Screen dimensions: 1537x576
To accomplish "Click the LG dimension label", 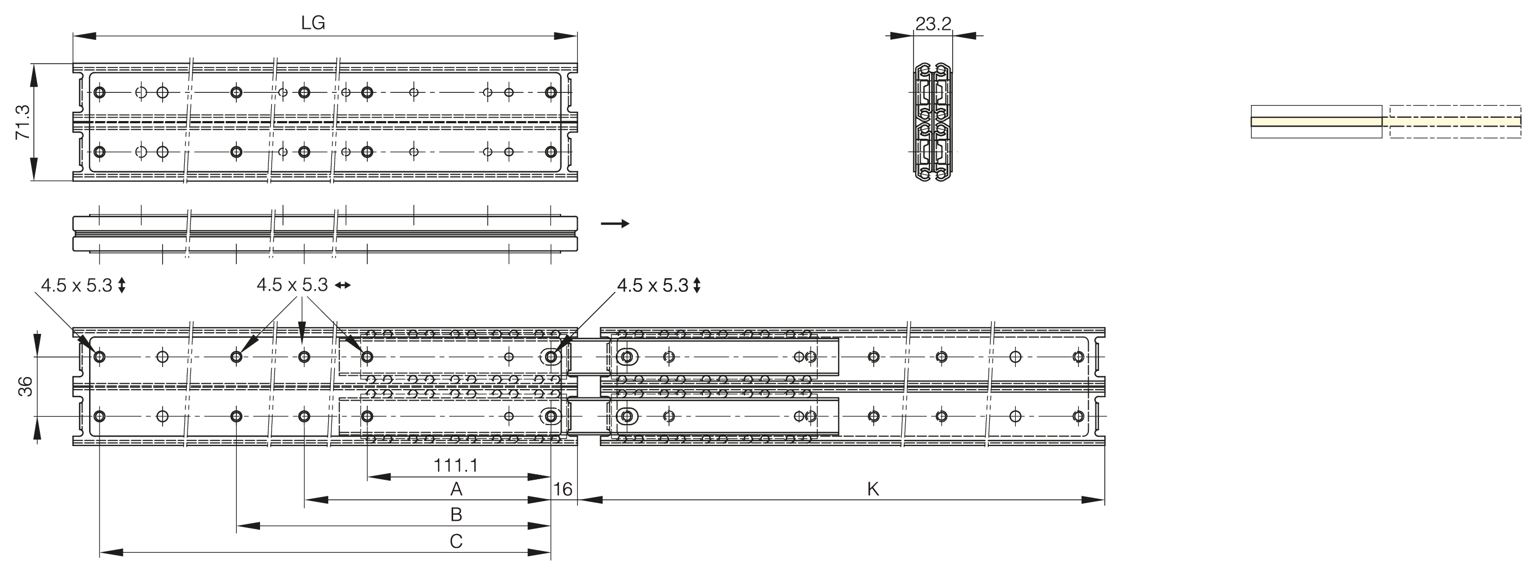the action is tap(313, 23).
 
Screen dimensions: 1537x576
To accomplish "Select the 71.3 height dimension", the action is tap(23, 122).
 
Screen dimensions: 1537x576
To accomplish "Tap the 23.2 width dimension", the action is tap(933, 24).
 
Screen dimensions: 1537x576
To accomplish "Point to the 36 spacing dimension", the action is tap(25, 386).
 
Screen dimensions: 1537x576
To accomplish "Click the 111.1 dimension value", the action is tap(456, 465).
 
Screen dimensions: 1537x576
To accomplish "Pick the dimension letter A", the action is tap(456, 490).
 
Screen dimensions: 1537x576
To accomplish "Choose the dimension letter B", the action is tap(456, 514).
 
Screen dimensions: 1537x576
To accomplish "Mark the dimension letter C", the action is tap(456, 541).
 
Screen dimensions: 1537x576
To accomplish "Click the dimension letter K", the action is tap(873, 490).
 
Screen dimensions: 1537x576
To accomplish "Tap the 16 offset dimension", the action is tap(563, 490).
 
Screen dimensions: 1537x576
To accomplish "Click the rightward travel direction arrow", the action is tap(615, 224).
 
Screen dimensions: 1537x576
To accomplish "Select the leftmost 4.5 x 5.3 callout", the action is tap(77, 286).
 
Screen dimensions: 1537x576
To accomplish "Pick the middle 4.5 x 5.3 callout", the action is tap(292, 285).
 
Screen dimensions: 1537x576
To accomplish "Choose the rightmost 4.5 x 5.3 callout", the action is tap(653, 286).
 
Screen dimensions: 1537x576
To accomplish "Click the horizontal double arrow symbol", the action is tap(343, 286).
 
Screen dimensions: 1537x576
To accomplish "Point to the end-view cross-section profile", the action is tap(933, 122).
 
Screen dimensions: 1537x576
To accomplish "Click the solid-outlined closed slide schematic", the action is tap(1316, 122).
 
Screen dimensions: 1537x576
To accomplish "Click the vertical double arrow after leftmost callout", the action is tap(122, 286).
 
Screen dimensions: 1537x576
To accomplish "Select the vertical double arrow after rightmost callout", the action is tap(697, 286).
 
